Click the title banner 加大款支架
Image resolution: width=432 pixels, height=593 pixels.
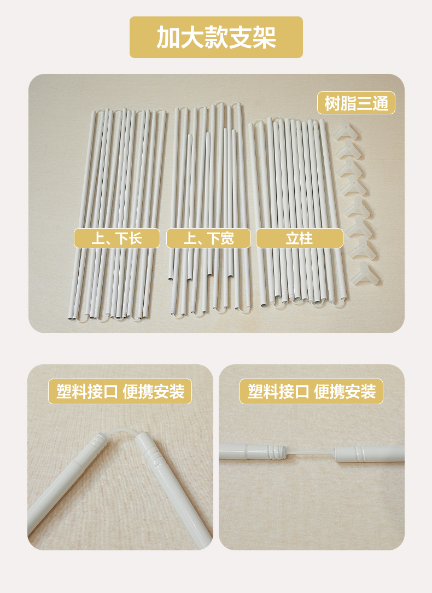[x=216, y=37]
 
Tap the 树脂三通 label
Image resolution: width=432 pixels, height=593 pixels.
[x=356, y=103]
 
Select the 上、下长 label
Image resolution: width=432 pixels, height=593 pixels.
[x=117, y=239]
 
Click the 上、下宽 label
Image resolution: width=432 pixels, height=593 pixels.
[x=209, y=239]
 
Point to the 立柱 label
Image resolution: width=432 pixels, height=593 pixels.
[x=299, y=239]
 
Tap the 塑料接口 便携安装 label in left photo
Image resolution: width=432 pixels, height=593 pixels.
[x=120, y=392]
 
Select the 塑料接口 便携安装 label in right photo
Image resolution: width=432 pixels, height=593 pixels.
[x=312, y=392]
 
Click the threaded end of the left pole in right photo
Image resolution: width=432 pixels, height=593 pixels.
[x=275, y=451]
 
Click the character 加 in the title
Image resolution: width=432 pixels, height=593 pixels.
[x=168, y=37]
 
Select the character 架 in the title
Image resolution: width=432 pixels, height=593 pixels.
[x=264, y=37]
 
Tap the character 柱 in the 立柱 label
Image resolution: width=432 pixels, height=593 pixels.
[x=307, y=239]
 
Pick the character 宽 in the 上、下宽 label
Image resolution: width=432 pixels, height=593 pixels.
[x=227, y=239]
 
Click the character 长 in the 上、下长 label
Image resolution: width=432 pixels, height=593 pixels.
[x=135, y=239]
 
